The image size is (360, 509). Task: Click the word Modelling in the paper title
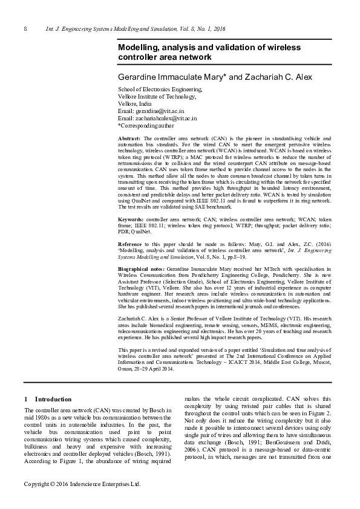pos(140,47)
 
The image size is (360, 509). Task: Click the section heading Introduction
pos(53,399)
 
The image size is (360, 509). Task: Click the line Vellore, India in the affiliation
pos(136,104)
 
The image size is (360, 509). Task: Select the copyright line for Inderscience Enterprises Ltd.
pos(82,484)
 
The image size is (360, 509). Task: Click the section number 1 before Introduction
pos(25,399)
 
